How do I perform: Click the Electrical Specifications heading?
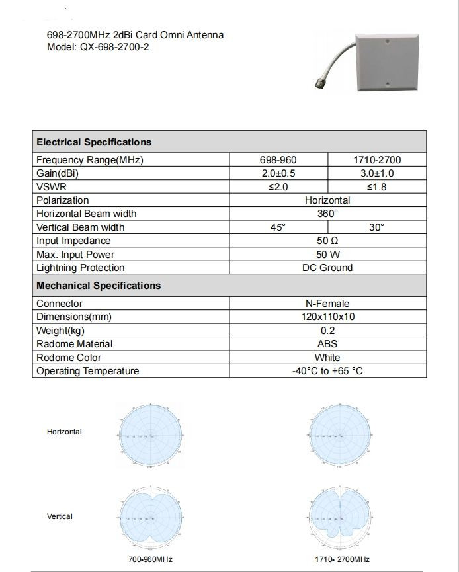[x=93, y=142]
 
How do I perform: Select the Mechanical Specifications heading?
[x=99, y=286]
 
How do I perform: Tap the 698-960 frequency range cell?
[x=278, y=160]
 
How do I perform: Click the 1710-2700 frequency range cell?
[x=377, y=160]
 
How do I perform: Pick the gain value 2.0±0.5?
[x=278, y=173]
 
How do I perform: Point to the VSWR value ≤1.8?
[x=377, y=187]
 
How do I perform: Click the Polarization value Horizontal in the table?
[x=327, y=200]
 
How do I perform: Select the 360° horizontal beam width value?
[x=327, y=214]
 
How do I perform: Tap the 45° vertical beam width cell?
[x=278, y=227]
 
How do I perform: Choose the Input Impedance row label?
[x=73, y=241]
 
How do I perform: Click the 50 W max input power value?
[x=327, y=255]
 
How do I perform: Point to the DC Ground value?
[x=327, y=268]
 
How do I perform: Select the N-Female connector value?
[x=327, y=304]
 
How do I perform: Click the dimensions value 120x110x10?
[x=327, y=317]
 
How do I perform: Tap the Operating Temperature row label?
[x=87, y=371]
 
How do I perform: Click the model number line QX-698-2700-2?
[x=98, y=48]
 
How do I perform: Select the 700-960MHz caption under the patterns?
[x=150, y=559]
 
